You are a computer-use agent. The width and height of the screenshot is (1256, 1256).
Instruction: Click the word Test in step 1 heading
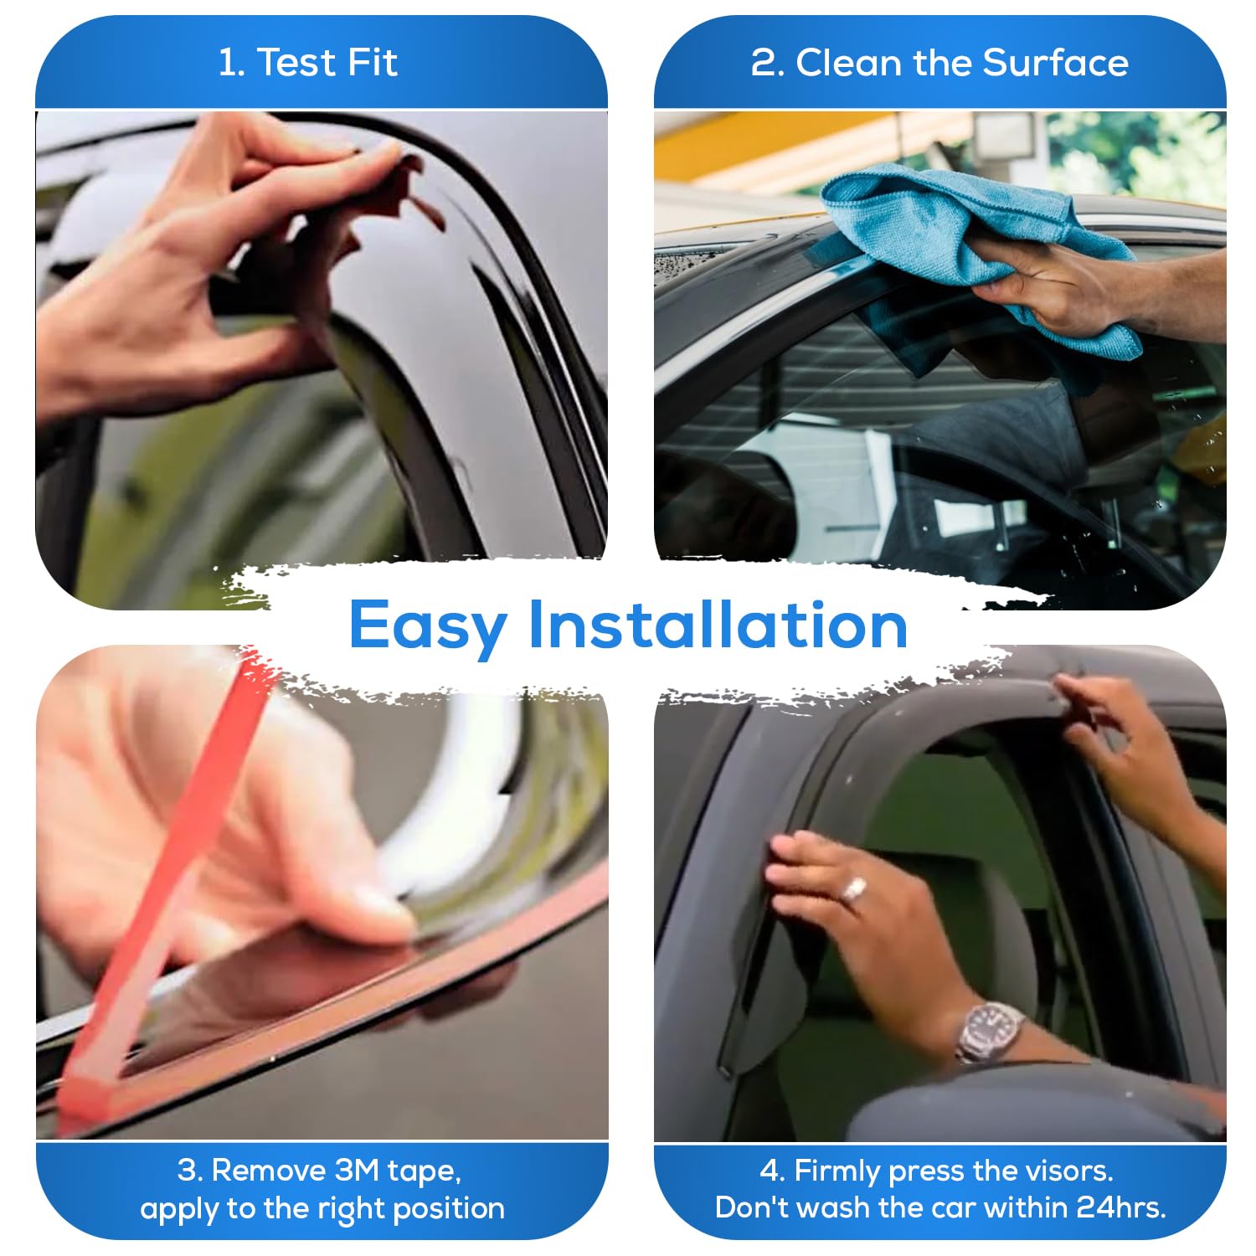pyautogui.click(x=292, y=63)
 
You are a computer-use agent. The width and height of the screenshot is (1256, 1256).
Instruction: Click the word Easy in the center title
pyautogui.click(x=428, y=625)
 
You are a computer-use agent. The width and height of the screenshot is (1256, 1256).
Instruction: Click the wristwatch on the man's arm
pyautogui.click(x=991, y=1031)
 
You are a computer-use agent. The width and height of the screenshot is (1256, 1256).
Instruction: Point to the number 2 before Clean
pyautogui.click(x=764, y=64)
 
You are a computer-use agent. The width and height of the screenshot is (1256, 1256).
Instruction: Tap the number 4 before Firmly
pyautogui.click(x=770, y=1171)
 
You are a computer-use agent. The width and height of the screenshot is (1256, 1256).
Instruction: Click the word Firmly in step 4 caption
pyautogui.click(x=837, y=1171)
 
